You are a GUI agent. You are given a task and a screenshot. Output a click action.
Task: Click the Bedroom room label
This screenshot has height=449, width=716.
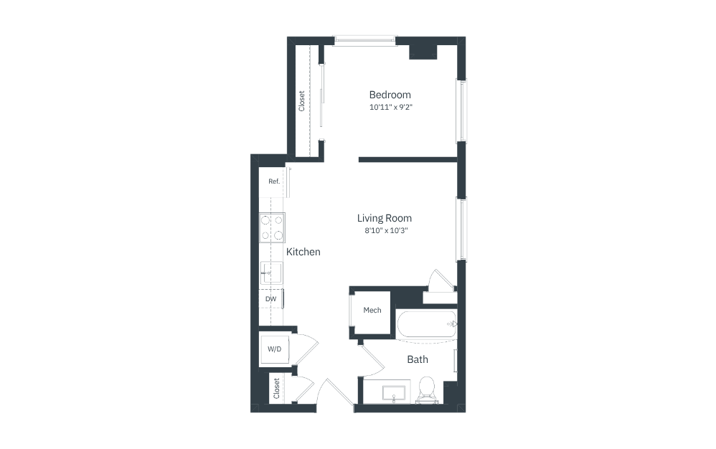390,95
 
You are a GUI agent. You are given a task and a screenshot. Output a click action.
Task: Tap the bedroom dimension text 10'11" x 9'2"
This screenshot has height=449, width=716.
391,108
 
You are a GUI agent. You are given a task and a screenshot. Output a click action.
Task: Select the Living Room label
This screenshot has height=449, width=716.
385,218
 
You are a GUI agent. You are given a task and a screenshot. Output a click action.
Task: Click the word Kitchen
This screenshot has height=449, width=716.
303,252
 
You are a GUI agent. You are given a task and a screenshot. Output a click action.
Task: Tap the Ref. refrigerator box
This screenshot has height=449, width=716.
273,181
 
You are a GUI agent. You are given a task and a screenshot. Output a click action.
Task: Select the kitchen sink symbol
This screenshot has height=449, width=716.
271,272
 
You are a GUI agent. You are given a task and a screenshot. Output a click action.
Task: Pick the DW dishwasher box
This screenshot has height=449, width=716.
271,298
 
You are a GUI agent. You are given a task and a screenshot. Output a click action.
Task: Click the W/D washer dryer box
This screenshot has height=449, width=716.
275,349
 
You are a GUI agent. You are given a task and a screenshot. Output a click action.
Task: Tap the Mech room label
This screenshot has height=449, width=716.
372,311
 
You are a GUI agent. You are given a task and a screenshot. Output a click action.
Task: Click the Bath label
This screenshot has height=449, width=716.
418,359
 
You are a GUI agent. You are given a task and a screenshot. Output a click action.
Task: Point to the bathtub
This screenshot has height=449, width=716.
425,324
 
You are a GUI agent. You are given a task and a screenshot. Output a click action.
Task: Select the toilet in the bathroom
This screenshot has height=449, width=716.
427,389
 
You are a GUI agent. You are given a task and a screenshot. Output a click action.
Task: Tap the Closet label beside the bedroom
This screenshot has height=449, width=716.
302,100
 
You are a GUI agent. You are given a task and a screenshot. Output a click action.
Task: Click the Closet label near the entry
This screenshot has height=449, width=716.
276,389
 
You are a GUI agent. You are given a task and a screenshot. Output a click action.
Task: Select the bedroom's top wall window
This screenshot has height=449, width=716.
365,41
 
